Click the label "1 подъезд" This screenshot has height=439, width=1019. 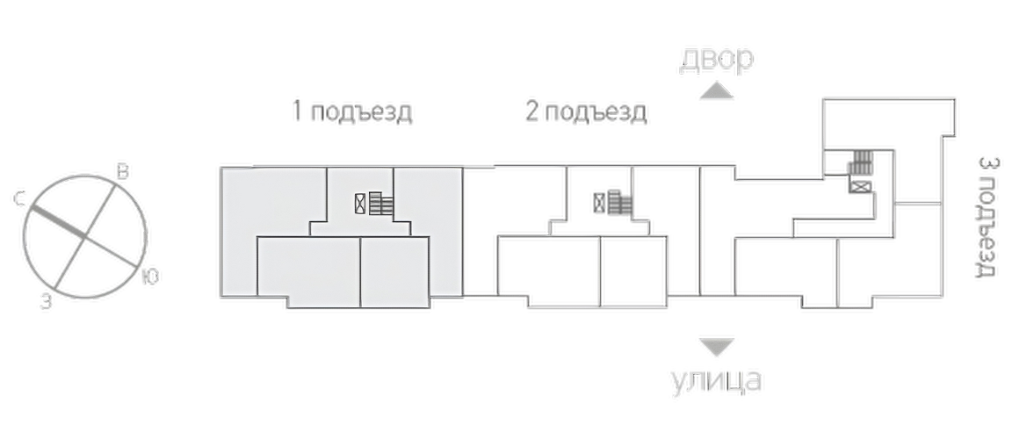click(x=351, y=112)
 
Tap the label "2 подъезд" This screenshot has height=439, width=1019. click(x=586, y=112)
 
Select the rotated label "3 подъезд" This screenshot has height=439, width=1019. click(x=987, y=216)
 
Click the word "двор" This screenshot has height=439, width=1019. click(x=717, y=59)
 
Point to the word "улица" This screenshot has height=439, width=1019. click(x=716, y=379)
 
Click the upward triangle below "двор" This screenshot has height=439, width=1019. click(x=717, y=90)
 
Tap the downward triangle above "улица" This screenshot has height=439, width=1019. click(x=717, y=347)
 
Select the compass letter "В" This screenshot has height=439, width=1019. click(x=121, y=172)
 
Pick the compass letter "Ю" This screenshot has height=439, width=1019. click(x=150, y=277)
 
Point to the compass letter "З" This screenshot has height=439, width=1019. click(x=45, y=302)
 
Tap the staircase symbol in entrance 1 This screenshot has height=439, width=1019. click(x=381, y=204)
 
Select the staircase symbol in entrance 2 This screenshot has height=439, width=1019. click(x=620, y=204)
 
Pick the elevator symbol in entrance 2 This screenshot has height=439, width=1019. click(x=599, y=204)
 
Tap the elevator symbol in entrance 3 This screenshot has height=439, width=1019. click(x=860, y=187)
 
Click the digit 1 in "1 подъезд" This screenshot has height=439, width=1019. click(x=297, y=112)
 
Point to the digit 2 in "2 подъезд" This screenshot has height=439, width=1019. click(x=532, y=112)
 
